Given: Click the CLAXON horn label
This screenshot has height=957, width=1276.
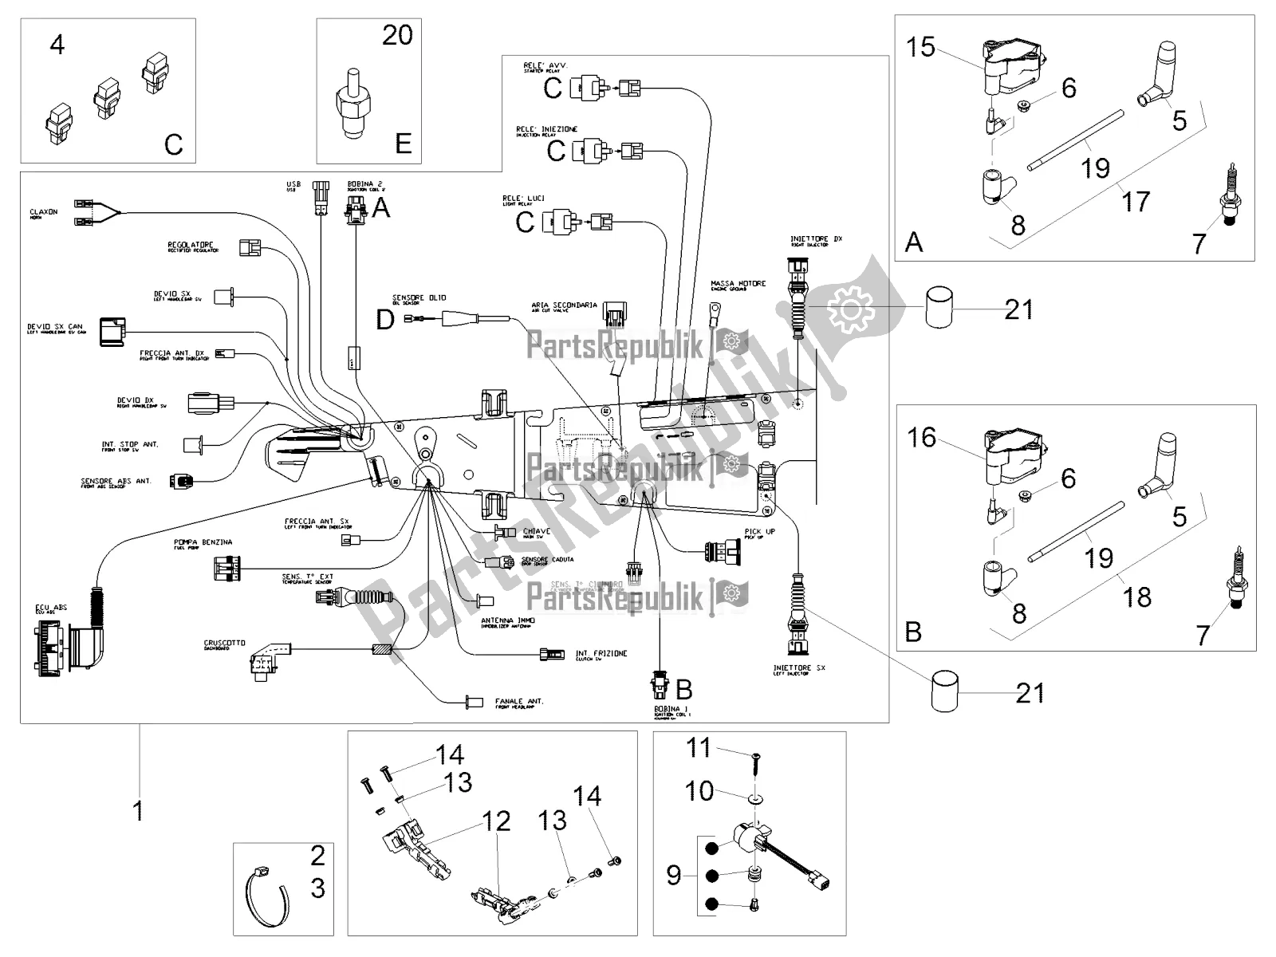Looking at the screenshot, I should (x=43, y=214).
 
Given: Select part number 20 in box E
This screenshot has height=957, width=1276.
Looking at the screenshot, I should (x=397, y=35).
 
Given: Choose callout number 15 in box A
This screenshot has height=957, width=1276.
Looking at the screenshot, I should (x=920, y=47).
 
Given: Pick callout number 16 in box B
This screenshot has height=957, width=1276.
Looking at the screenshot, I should (x=922, y=437).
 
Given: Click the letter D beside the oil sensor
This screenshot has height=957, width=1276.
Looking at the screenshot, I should (x=385, y=320).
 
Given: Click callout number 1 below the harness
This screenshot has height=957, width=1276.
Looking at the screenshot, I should (x=139, y=811).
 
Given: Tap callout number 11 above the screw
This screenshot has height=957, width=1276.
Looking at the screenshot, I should (x=699, y=748).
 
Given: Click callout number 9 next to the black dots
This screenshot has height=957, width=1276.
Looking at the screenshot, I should (x=675, y=876).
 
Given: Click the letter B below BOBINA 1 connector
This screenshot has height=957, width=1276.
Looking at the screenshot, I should (x=683, y=688).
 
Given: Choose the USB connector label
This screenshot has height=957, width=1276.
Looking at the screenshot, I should (x=293, y=186).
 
